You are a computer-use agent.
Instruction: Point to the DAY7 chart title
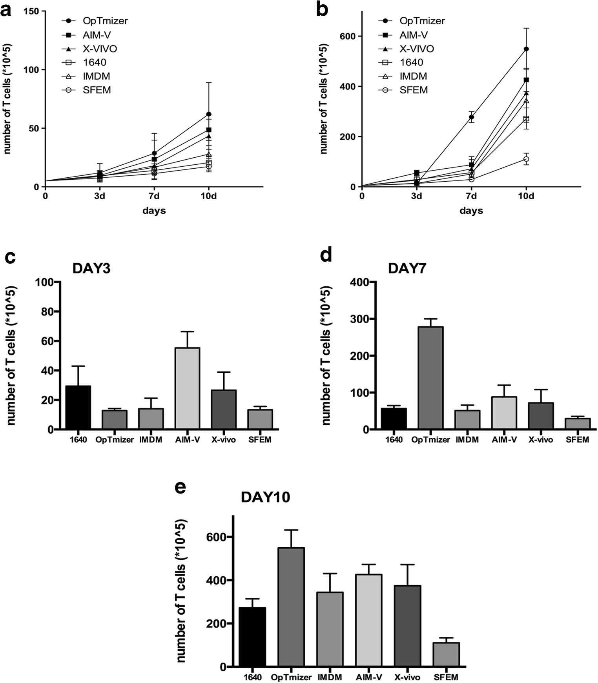tap(407, 269)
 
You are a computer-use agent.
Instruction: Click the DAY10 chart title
tap(265, 497)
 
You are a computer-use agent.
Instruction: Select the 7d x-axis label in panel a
tap(154, 196)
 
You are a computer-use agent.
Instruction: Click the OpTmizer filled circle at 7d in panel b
tap(471, 117)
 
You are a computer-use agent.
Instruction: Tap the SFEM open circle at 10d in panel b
tap(526, 159)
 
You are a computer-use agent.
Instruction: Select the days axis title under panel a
tap(154, 211)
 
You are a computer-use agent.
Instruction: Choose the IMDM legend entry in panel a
tap(96, 76)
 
